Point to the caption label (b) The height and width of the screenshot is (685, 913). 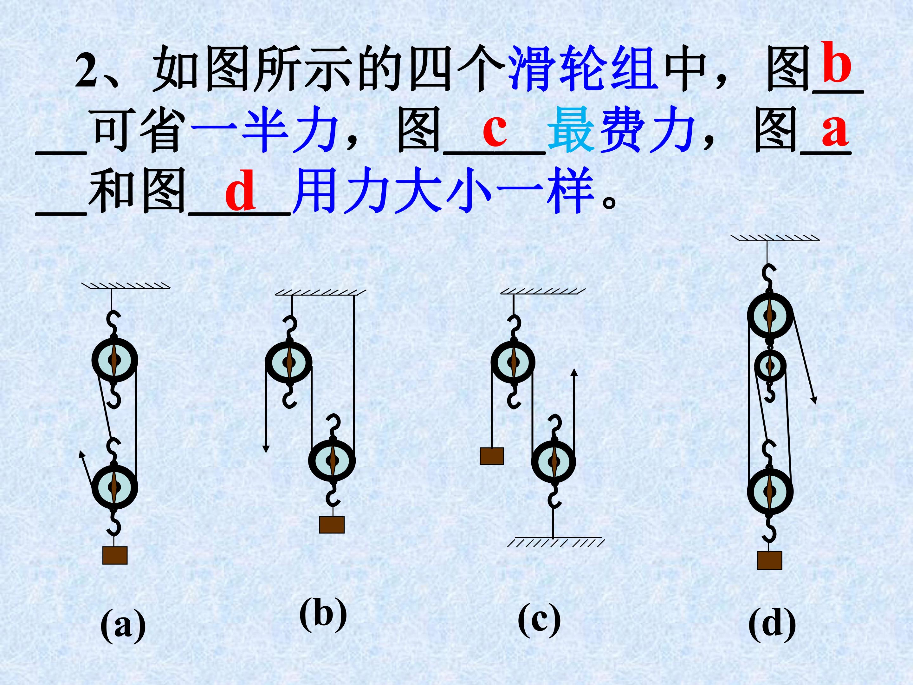[323, 615]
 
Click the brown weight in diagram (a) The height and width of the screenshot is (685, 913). [115, 555]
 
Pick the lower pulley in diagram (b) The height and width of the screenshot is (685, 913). [332, 460]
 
